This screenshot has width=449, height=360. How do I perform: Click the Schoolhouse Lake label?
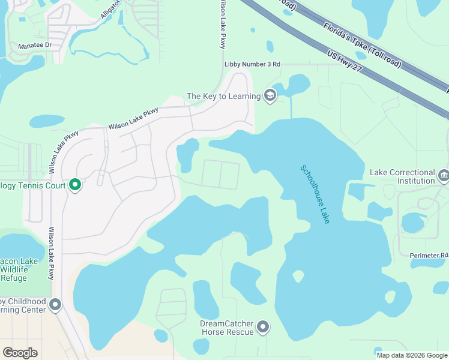[315, 194]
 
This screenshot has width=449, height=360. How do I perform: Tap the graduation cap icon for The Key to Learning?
[270, 95]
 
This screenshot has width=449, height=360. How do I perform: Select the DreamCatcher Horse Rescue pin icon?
[263, 327]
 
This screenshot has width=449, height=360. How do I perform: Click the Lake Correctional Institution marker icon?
[444, 176]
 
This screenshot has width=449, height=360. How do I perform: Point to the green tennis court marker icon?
[75, 185]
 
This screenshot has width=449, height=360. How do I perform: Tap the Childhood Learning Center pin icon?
[55, 305]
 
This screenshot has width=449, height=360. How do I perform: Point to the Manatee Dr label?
[35, 45]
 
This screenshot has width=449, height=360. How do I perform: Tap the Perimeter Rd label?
[429, 255]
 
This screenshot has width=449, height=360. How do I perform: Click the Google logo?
[20, 353]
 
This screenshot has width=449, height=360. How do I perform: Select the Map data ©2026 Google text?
[412, 355]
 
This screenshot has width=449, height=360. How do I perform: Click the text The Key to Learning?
[223, 96]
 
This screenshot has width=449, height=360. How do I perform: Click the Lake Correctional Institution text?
[403, 176]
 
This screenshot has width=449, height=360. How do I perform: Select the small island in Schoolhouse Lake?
[298, 275]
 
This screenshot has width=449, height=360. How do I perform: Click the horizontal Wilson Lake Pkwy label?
[133, 119]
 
